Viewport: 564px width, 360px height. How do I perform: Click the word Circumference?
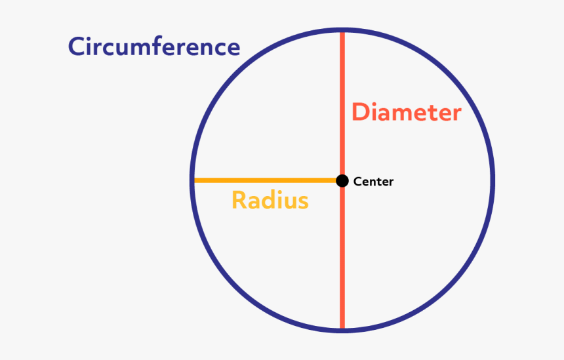click(154, 47)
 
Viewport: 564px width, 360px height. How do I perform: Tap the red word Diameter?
click(407, 112)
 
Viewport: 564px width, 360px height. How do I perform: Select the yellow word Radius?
click(270, 200)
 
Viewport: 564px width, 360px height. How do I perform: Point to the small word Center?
click(373, 182)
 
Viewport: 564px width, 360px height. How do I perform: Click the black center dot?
click(342, 180)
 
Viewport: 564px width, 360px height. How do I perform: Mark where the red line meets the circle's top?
click(342, 31)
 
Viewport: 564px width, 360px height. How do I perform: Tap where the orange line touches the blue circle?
click(193, 180)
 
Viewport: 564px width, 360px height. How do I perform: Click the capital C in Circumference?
click(78, 47)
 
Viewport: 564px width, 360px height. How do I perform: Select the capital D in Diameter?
click(361, 112)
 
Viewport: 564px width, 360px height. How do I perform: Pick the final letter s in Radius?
click(302, 202)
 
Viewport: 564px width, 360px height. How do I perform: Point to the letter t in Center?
click(380, 182)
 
